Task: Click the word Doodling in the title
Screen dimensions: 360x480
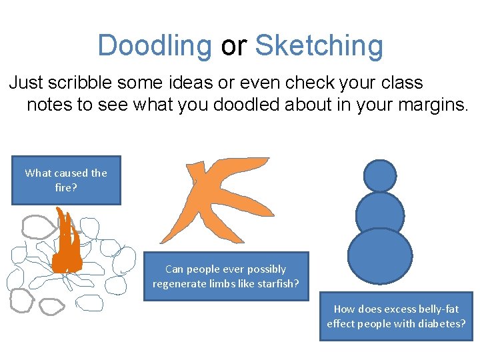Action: (x=154, y=45)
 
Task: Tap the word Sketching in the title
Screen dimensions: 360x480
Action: (x=319, y=45)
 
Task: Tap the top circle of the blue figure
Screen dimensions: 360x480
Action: (x=380, y=175)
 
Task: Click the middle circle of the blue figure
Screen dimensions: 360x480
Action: (x=380, y=213)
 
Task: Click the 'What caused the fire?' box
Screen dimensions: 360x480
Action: (x=66, y=180)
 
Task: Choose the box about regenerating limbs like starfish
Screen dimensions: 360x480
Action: (x=226, y=276)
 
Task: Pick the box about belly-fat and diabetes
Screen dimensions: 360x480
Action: (x=396, y=316)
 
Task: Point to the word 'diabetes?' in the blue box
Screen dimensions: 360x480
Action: (x=442, y=323)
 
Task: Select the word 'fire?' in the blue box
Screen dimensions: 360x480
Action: (x=66, y=187)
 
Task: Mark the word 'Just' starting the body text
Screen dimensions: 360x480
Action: (x=25, y=83)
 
